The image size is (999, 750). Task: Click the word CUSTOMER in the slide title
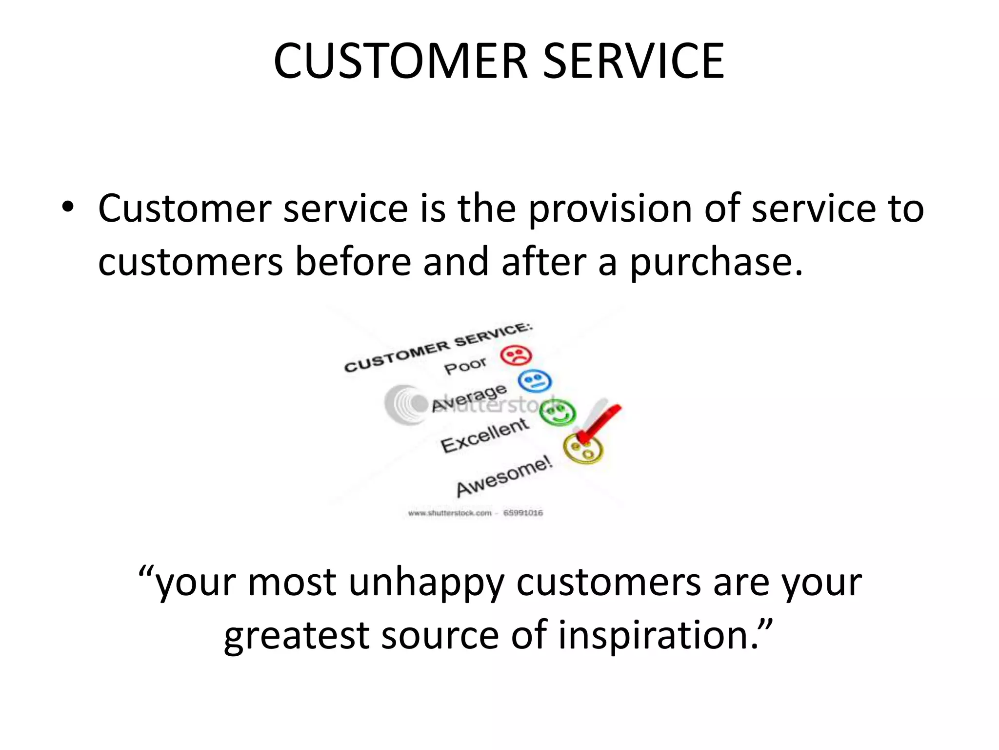(x=401, y=62)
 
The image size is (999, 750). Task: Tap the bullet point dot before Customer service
(x=68, y=208)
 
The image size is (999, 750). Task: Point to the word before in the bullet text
(x=353, y=262)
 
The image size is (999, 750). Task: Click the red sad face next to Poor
(x=516, y=355)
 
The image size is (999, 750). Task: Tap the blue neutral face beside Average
(x=534, y=381)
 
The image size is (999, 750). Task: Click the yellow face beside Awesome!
(x=583, y=449)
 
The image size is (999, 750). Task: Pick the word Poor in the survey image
(x=465, y=365)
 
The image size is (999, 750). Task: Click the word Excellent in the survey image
(x=484, y=435)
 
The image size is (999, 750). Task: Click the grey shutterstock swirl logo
(x=405, y=404)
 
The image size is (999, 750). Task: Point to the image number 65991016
(x=523, y=513)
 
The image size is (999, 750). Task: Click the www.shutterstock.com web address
(x=450, y=513)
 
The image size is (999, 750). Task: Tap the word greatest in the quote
(x=296, y=636)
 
